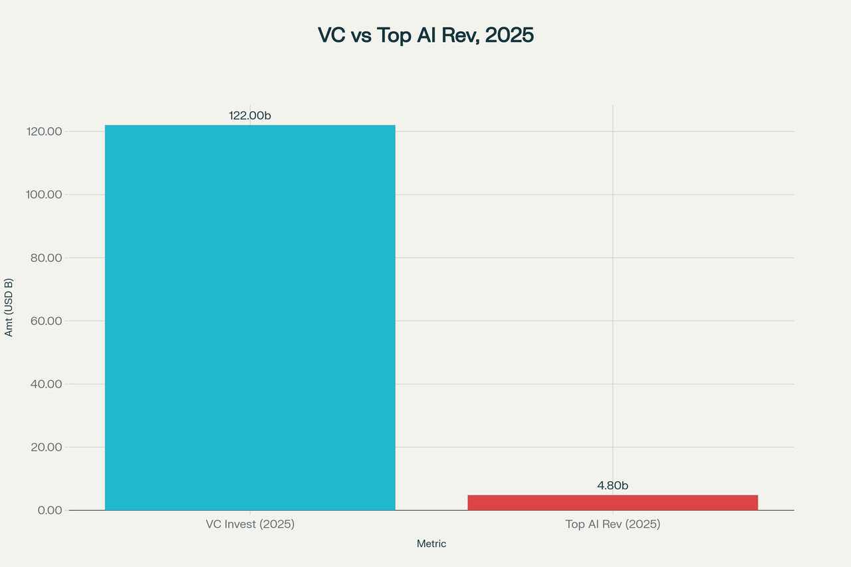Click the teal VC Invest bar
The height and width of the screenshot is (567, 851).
click(x=250, y=318)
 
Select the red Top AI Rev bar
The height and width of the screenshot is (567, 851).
click(x=612, y=503)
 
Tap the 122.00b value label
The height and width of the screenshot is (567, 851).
click(x=250, y=116)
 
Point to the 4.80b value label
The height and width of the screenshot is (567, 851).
click(x=612, y=486)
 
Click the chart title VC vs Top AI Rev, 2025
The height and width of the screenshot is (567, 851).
click(x=425, y=35)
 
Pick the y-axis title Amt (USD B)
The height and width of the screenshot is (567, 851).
click(x=9, y=307)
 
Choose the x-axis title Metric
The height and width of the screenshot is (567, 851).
click(x=431, y=544)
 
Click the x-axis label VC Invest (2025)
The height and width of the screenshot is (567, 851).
click(x=250, y=524)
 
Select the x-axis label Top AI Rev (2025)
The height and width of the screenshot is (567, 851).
click(x=612, y=524)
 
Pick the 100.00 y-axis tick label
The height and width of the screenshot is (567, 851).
click(x=43, y=195)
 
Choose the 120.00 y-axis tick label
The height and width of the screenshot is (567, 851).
click(x=43, y=132)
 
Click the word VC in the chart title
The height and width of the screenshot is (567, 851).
click(x=331, y=35)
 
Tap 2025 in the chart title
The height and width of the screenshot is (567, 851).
click(x=509, y=35)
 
